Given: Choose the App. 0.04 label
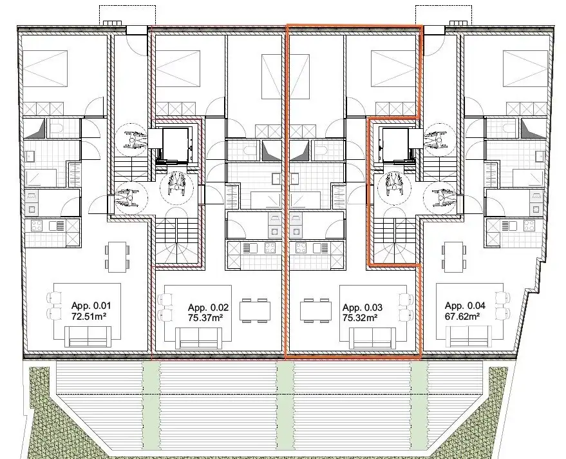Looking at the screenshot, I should click(x=463, y=306).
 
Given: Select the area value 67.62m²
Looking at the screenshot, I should click(x=463, y=316).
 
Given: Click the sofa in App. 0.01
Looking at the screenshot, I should click(x=90, y=335).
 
